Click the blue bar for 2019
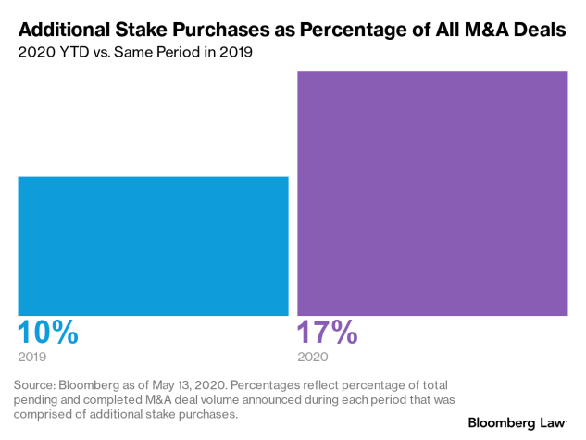[x=153, y=245]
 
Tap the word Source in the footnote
[x=36, y=383]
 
